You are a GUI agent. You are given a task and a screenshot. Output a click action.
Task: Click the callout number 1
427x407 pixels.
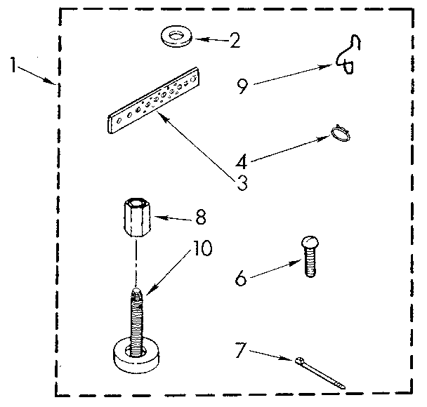(x=15, y=64)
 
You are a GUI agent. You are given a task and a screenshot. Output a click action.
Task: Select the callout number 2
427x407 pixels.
(x=234, y=40)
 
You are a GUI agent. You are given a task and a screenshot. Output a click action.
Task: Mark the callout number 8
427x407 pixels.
(x=200, y=218)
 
